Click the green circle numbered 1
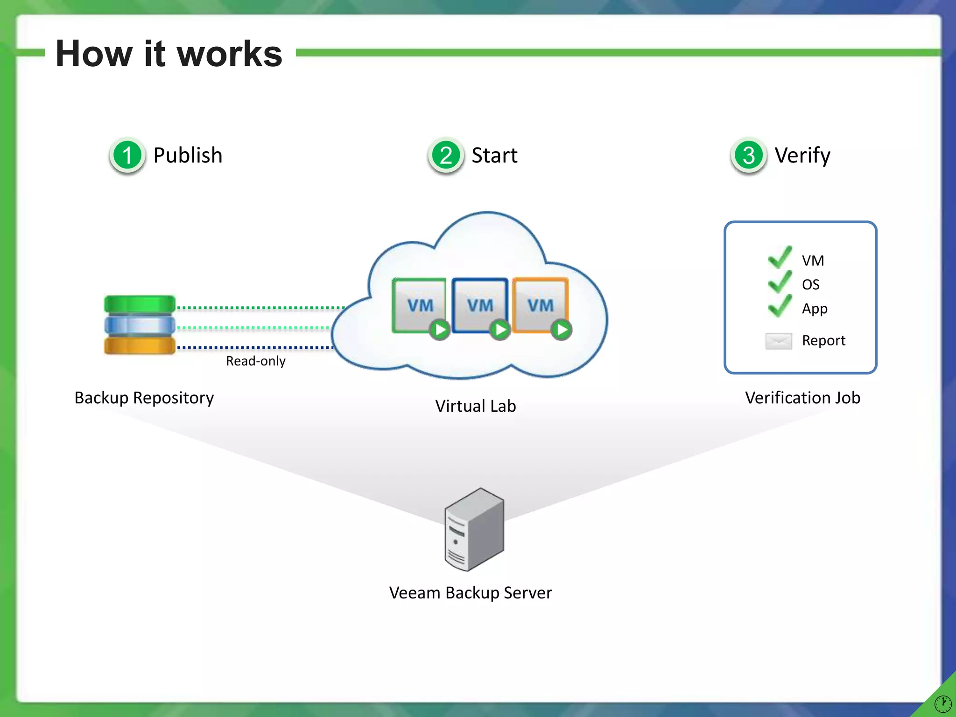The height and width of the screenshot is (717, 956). (127, 155)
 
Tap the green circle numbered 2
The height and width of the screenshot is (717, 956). (446, 155)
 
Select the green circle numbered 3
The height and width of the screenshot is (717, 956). (749, 155)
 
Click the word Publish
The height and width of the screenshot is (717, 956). (188, 155)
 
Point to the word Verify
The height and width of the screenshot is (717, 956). (802, 155)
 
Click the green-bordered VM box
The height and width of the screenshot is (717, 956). (419, 305)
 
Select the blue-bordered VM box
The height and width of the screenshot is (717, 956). (479, 305)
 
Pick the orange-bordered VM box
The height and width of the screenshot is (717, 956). (540, 305)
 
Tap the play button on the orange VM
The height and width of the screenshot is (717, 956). (562, 330)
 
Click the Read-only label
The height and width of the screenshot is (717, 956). (255, 361)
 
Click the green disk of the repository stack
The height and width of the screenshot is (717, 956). (140, 304)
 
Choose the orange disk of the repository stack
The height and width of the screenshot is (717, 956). (140, 346)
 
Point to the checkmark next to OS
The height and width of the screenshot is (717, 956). (780, 282)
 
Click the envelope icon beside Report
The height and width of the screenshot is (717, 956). (779, 341)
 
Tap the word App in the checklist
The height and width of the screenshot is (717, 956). (815, 309)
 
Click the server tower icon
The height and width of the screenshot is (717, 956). (474, 529)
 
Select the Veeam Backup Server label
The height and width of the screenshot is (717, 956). (471, 593)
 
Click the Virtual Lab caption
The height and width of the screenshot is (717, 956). (475, 406)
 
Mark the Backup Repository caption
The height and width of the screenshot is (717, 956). (144, 398)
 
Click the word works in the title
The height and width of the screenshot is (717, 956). (230, 54)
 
